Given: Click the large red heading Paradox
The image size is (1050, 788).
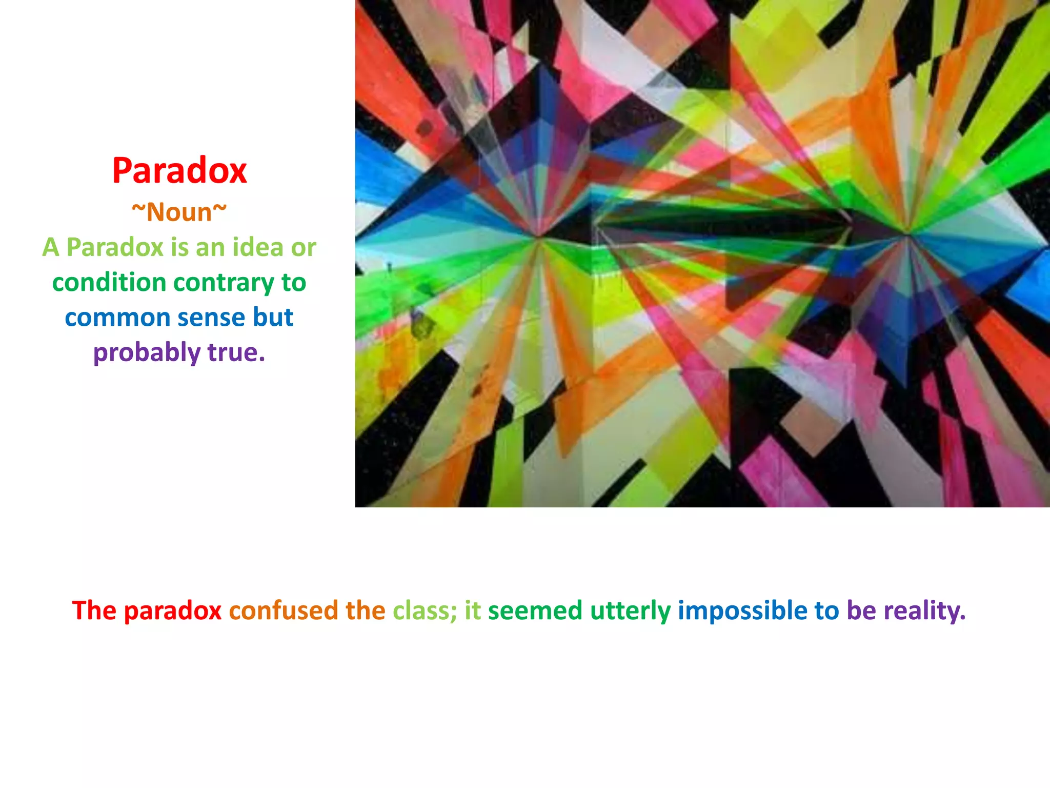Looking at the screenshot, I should point(179,171).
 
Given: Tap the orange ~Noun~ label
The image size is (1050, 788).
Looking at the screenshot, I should point(179,212).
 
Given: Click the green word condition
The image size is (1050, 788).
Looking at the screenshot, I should point(109,283).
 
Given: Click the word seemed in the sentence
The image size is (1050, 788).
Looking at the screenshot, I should point(535,610).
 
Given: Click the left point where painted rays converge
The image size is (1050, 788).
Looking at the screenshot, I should point(538,237).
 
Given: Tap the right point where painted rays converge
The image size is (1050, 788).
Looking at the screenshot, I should point(908,235).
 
